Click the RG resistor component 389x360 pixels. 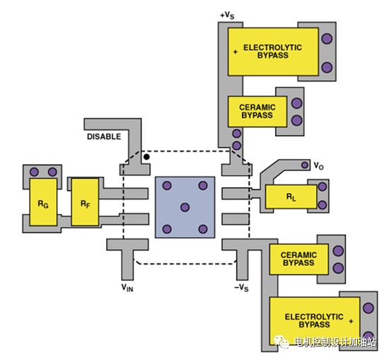pos(43,202)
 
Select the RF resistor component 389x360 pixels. pos(85,202)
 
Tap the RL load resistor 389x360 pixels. pos(291,197)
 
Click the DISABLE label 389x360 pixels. pos(104,137)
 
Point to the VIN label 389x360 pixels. pos(127,288)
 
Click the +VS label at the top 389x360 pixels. pos(227,16)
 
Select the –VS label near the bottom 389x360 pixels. pos(241,288)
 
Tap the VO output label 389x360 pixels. pos(319,166)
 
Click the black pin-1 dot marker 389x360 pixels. pos(146,157)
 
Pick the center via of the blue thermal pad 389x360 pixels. pos(185,207)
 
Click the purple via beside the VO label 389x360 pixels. pos(305,165)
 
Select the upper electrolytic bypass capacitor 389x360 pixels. pos(273,52)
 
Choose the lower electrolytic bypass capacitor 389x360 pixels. pos(315,320)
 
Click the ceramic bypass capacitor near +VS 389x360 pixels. pos(257,112)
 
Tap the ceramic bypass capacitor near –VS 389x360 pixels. pos(299,259)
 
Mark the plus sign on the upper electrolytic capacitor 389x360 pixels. pos(236,52)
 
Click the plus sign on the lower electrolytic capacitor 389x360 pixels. pos(351,321)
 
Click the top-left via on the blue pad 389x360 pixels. pos(167,185)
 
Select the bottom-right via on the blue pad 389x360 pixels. pos(203,229)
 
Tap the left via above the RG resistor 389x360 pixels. pos(34,172)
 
